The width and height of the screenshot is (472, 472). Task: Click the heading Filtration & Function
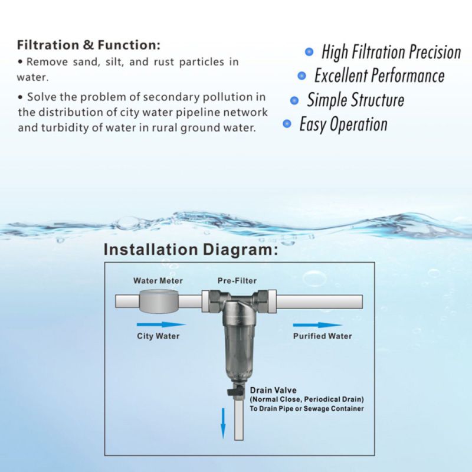click(x=88, y=45)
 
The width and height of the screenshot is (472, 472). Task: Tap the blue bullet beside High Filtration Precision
click(x=309, y=52)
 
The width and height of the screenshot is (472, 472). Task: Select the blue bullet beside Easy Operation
click(x=287, y=123)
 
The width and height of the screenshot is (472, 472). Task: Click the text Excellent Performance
click(x=379, y=76)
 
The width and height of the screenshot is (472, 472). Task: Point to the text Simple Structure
click(x=356, y=100)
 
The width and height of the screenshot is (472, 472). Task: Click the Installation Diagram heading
click(x=191, y=250)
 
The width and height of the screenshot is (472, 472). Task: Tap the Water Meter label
click(x=158, y=281)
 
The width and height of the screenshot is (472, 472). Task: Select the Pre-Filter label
click(x=237, y=281)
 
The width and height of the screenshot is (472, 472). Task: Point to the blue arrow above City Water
click(x=161, y=324)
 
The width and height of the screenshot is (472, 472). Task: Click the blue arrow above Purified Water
click(x=317, y=325)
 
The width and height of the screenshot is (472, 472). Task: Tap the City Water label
click(x=158, y=336)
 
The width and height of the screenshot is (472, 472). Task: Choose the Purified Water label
click(x=322, y=336)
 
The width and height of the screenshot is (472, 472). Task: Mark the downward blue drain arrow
click(x=223, y=423)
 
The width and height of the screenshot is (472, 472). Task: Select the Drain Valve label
click(x=273, y=390)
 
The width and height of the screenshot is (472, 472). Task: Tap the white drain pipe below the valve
click(x=239, y=418)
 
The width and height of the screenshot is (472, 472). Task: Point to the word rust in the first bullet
click(x=164, y=62)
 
